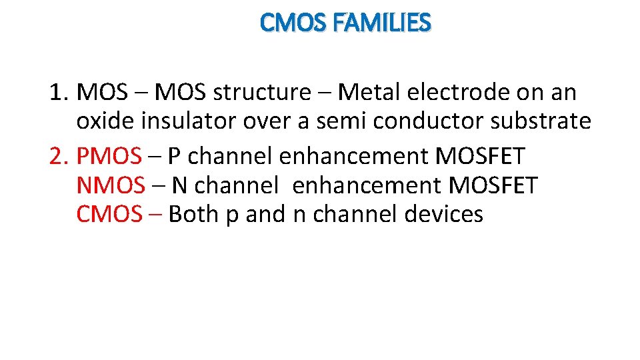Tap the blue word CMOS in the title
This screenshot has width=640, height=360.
293,23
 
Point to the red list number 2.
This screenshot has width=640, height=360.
58,156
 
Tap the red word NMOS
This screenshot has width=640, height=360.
111,185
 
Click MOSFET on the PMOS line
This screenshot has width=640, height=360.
480,156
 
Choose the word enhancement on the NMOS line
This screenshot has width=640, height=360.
360,185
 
